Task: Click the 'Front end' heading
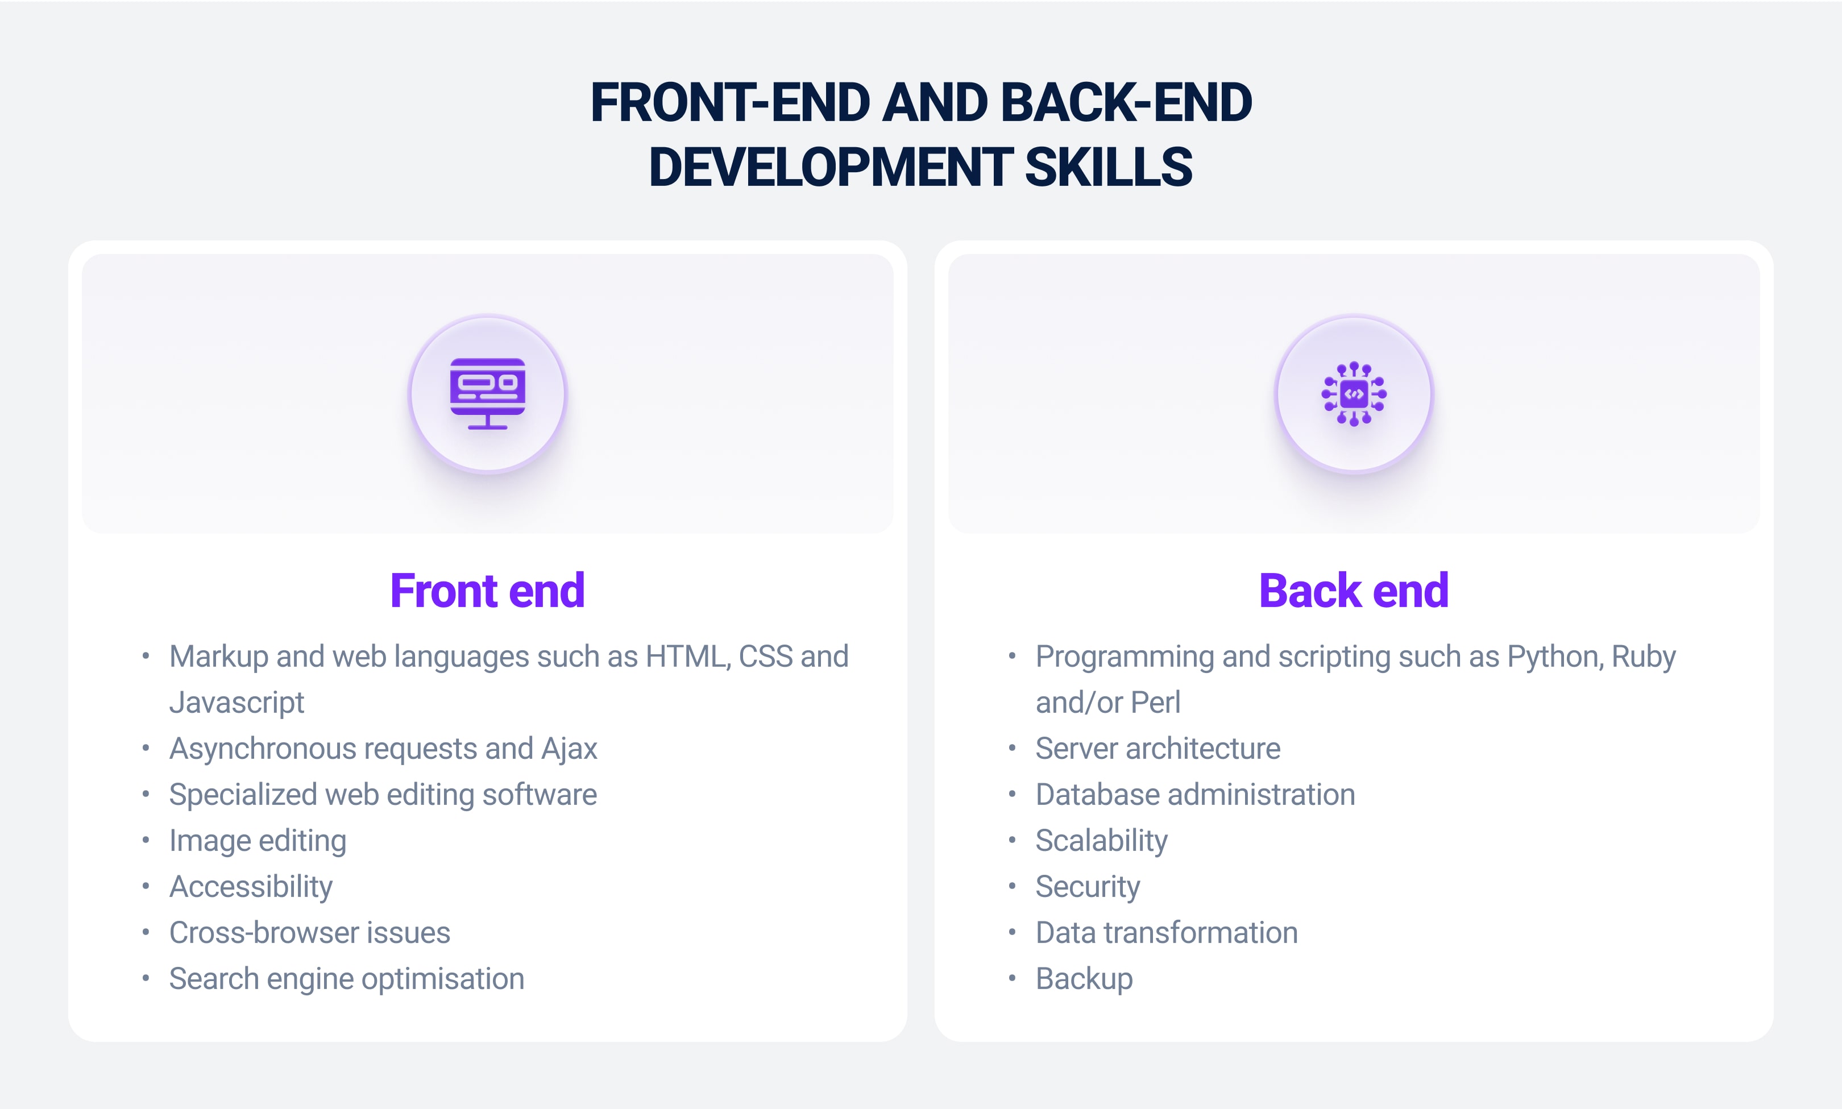(x=487, y=591)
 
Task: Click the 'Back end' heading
(x=1353, y=591)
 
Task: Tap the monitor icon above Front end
(x=487, y=394)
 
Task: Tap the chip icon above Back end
(x=1354, y=394)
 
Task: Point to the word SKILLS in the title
(x=1109, y=167)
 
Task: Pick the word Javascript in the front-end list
(x=237, y=703)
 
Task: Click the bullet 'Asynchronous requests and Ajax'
(x=383, y=749)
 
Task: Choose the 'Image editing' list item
(x=258, y=841)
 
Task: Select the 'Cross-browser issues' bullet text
(x=310, y=933)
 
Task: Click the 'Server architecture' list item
(x=1158, y=749)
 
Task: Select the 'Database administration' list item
(x=1196, y=795)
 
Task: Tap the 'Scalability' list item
(x=1101, y=841)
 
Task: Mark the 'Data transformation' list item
(x=1167, y=933)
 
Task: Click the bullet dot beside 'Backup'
(x=1012, y=978)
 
